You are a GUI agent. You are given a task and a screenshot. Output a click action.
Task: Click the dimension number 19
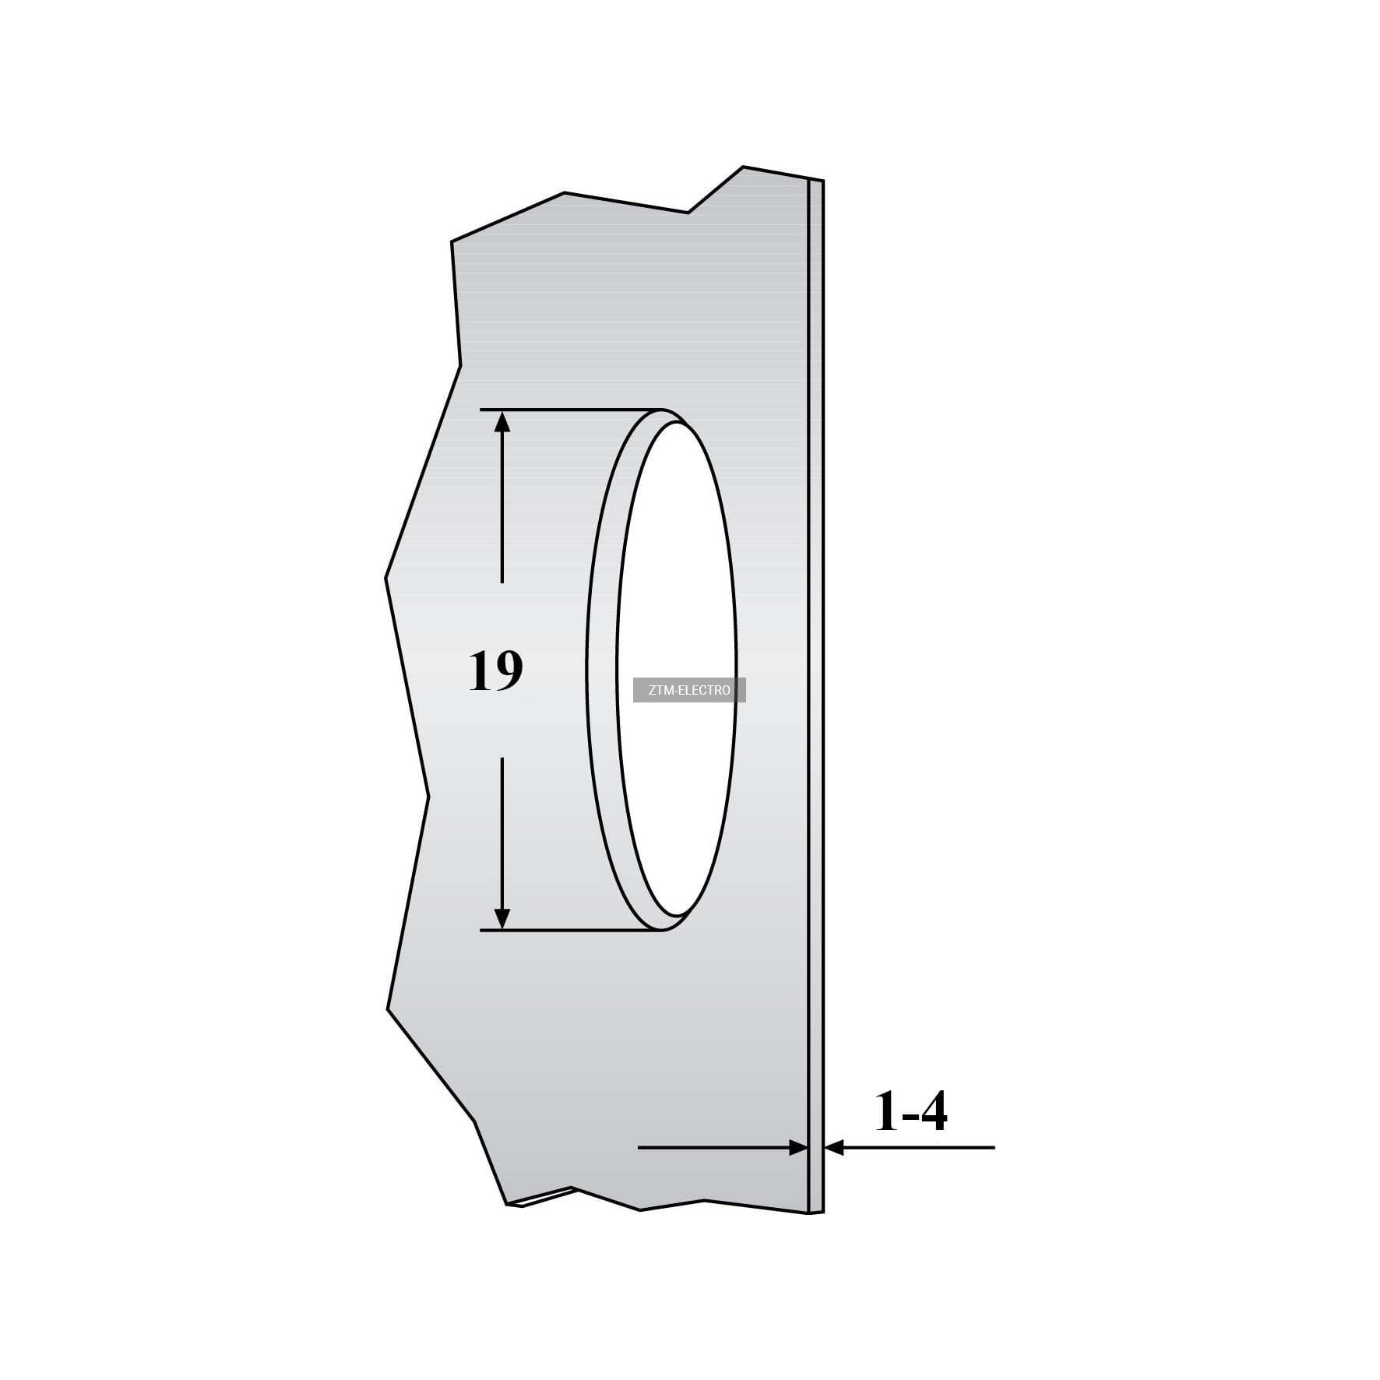(x=495, y=671)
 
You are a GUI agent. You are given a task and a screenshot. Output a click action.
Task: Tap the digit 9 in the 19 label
(x=508, y=671)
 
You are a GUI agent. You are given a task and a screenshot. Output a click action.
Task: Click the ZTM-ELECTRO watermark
(x=689, y=690)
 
